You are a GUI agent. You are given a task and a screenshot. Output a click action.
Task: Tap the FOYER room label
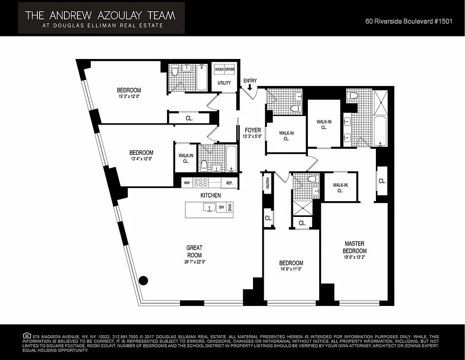coord(253,130)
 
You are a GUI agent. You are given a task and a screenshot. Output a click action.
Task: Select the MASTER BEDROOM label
coord(355,247)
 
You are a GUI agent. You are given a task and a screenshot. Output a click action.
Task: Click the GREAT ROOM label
coord(194,251)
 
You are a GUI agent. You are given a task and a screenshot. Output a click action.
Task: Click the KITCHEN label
coord(211,195)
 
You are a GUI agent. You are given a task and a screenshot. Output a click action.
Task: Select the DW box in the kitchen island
coord(221,207)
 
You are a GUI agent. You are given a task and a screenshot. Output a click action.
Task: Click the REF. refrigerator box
coord(229,183)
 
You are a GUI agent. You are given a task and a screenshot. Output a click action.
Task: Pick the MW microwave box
coord(187,183)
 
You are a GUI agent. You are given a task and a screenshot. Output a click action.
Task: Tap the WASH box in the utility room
coord(219,70)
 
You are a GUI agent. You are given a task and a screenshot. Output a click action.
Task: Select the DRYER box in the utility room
coord(230,70)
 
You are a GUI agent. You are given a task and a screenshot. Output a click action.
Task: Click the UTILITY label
coord(224,83)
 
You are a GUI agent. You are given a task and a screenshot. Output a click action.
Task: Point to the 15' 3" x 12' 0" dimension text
coord(129,96)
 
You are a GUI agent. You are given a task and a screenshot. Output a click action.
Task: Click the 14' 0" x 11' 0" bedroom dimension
coord(291,270)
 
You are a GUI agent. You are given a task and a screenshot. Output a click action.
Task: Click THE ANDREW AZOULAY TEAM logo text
coord(100,15)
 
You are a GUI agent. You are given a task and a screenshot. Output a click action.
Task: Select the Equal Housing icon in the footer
coord(27,336)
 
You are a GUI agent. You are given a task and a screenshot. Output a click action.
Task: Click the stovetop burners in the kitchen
coord(200,183)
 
